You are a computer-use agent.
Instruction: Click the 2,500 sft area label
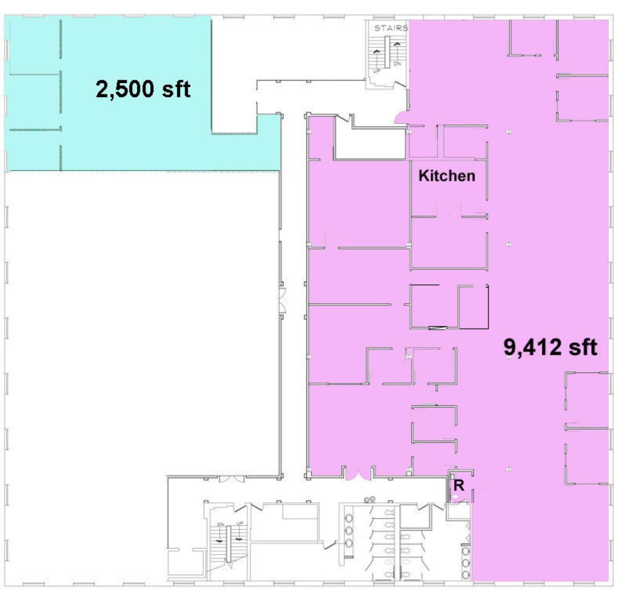[x=143, y=89]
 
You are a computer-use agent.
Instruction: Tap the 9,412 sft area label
[x=550, y=347]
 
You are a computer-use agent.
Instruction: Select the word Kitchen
[x=447, y=176]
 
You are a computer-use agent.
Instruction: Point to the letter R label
[x=458, y=486]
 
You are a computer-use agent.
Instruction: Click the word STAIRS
[x=391, y=28]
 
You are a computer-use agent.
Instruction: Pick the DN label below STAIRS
[x=397, y=64]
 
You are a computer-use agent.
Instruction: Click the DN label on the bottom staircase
[x=220, y=524]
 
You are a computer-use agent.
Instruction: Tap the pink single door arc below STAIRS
[x=400, y=118]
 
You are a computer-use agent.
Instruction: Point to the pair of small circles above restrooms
[x=369, y=499]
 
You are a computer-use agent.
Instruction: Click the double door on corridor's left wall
[x=282, y=300]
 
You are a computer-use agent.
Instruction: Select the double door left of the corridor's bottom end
[x=231, y=479]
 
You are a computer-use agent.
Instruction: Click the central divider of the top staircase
[x=387, y=52]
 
